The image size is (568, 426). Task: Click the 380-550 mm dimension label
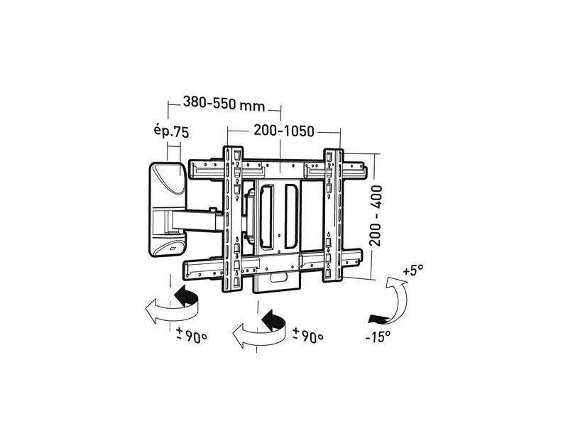click(223, 104)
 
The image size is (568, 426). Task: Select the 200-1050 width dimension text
click(283, 132)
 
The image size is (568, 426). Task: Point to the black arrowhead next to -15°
click(374, 315)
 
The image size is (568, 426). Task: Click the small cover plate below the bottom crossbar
click(278, 280)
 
